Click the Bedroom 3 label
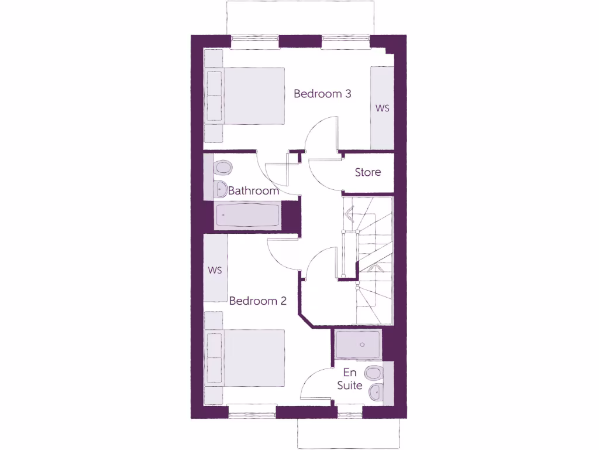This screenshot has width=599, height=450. click(x=322, y=94)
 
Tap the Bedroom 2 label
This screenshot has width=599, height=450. click(x=258, y=301)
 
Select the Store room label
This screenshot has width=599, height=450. click(x=368, y=172)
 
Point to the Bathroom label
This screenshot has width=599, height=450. click(x=253, y=191)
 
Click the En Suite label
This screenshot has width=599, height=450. click(x=350, y=379)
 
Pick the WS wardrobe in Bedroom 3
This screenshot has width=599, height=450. click(x=382, y=108)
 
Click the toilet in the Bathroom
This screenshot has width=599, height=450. click(x=222, y=168)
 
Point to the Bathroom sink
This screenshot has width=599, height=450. click(x=220, y=189)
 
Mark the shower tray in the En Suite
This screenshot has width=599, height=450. click(x=359, y=345)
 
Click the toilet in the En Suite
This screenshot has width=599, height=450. click(x=373, y=373)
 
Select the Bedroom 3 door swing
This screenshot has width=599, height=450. click(x=321, y=134)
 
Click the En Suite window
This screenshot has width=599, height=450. click(x=350, y=414)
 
